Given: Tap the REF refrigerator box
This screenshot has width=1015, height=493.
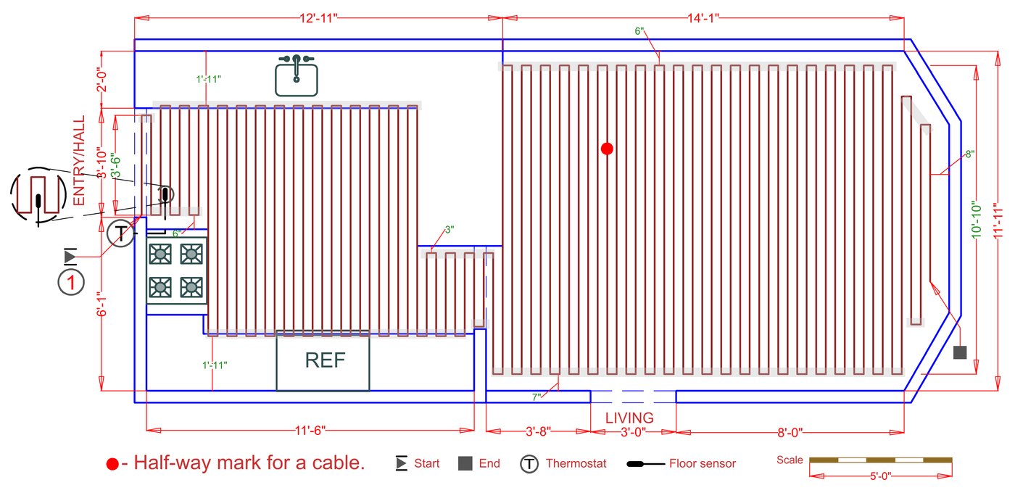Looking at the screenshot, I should [x=323, y=360].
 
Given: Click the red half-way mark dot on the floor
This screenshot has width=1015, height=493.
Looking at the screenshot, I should [x=608, y=149].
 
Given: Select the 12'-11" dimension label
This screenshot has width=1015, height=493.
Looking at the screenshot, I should [x=318, y=19].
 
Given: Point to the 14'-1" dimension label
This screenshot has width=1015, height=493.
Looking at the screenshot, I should [x=704, y=19].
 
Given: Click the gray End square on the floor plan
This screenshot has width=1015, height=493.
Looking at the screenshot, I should [x=960, y=352].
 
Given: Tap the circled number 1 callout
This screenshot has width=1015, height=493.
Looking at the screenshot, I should [x=71, y=281].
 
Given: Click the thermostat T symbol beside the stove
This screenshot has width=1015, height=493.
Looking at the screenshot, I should [x=121, y=233].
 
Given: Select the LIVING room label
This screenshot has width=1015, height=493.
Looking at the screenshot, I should [x=629, y=418].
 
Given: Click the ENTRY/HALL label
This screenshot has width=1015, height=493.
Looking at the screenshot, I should [x=79, y=160].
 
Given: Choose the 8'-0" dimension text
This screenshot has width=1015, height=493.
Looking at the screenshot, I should [x=790, y=432].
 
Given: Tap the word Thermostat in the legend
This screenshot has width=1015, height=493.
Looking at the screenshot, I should [x=576, y=463].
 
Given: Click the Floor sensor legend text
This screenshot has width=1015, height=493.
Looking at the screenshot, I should [x=702, y=463].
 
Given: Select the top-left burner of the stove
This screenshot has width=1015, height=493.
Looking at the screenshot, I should [x=160, y=254].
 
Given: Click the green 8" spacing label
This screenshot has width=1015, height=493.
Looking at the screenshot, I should [x=969, y=154].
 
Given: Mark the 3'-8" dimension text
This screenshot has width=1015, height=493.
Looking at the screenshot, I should [x=537, y=432].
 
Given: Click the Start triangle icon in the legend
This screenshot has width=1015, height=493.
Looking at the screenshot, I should [x=401, y=463].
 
